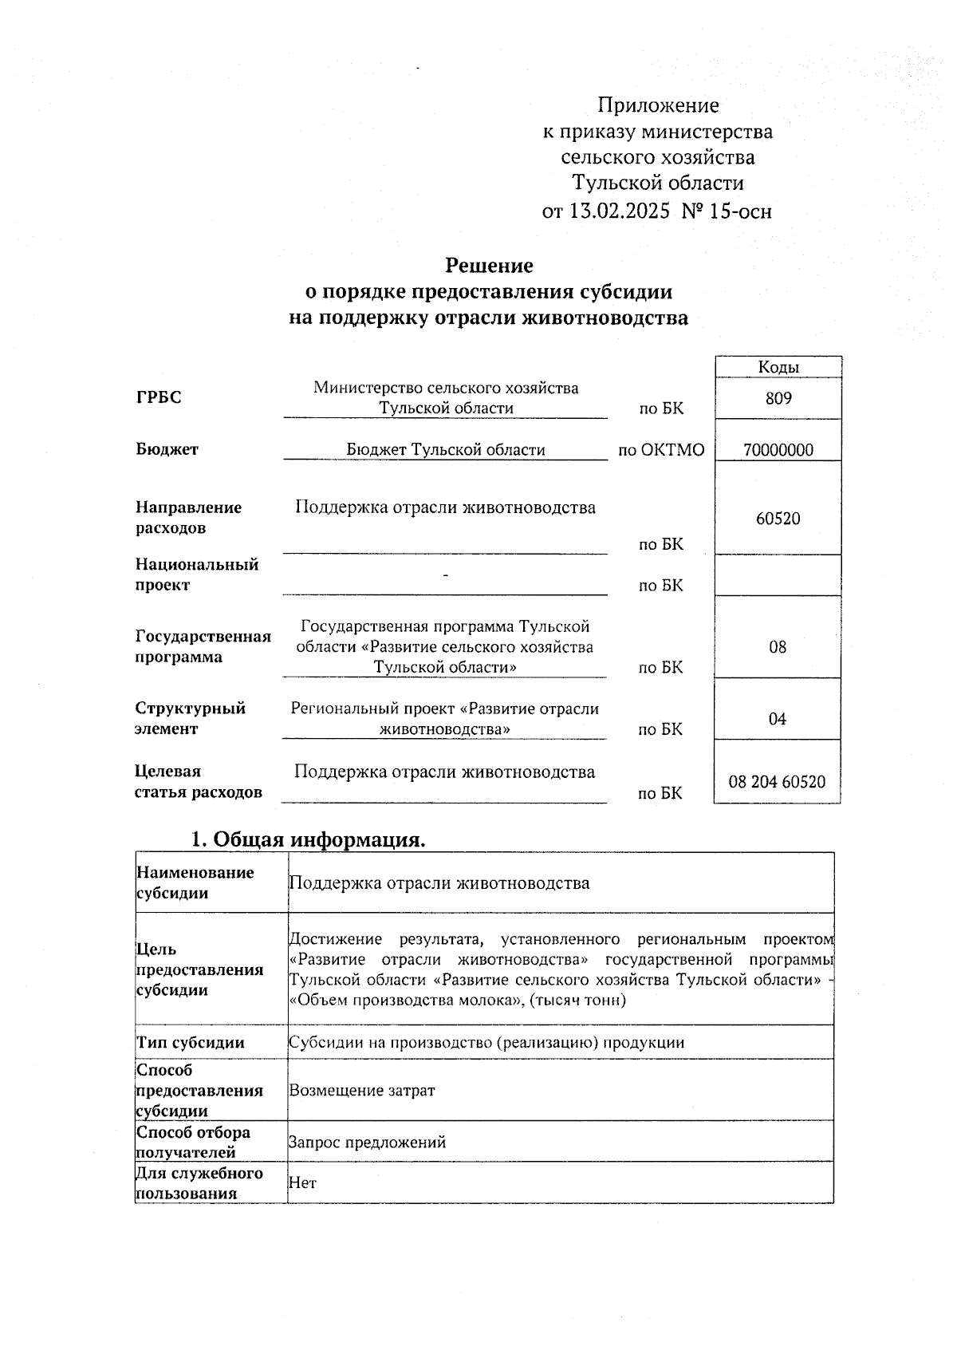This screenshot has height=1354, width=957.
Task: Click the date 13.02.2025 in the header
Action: click(619, 211)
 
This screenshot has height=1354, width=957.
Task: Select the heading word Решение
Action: click(489, 265)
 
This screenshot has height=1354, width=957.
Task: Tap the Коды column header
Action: click(778, 367)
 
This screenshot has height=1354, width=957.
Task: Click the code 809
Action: click(778, 398)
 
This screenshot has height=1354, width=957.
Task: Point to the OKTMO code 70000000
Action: click(778, 450)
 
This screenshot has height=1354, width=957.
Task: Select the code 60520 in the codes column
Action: click(778, 519)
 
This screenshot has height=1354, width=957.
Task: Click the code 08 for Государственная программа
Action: click(778, 647)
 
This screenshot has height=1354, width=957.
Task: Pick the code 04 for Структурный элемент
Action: click(778, 719)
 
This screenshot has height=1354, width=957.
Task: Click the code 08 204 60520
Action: click(778, 782)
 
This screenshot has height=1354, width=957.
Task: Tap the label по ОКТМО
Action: click(662, 450)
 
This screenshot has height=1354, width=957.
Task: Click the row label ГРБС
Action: click(159, 398)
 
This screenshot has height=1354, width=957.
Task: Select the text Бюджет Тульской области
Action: click(446, 450)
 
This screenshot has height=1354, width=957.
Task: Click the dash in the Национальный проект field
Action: click(445, 575)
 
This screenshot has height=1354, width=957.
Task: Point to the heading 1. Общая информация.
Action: click(308, 839)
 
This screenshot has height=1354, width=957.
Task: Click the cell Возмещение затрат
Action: click(362, 1090)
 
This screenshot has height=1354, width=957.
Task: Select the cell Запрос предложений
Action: click(367, 1143)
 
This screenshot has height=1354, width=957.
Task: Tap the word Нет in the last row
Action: click(302, 1183)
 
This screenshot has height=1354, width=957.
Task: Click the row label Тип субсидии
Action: click(191, 1043)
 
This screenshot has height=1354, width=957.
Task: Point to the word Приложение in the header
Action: click(659, 105)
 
